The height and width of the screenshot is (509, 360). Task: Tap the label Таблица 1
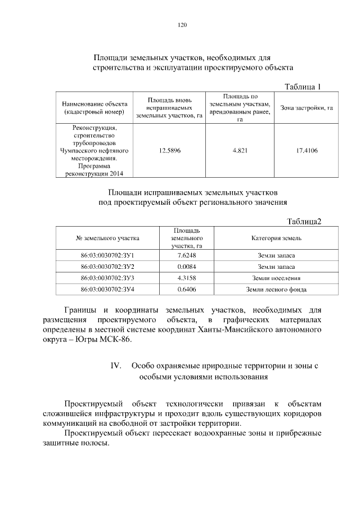(x=303, y=87)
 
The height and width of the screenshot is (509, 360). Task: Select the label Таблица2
(x=304, y=221)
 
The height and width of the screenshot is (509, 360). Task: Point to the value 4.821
(x=240, y=151)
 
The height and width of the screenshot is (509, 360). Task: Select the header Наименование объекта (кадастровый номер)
(x=94, y=108)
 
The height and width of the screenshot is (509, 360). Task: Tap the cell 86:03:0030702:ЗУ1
(x=107, y=255)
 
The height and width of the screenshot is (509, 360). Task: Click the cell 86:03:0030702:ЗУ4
(x=107, y=290)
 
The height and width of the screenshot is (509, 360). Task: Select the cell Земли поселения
(x=276, y=278)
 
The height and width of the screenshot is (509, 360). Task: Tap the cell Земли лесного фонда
(x=276, y=290)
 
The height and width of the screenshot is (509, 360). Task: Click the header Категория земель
(x=276, y=238)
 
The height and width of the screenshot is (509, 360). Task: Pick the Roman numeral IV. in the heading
(x=116, y=366)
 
